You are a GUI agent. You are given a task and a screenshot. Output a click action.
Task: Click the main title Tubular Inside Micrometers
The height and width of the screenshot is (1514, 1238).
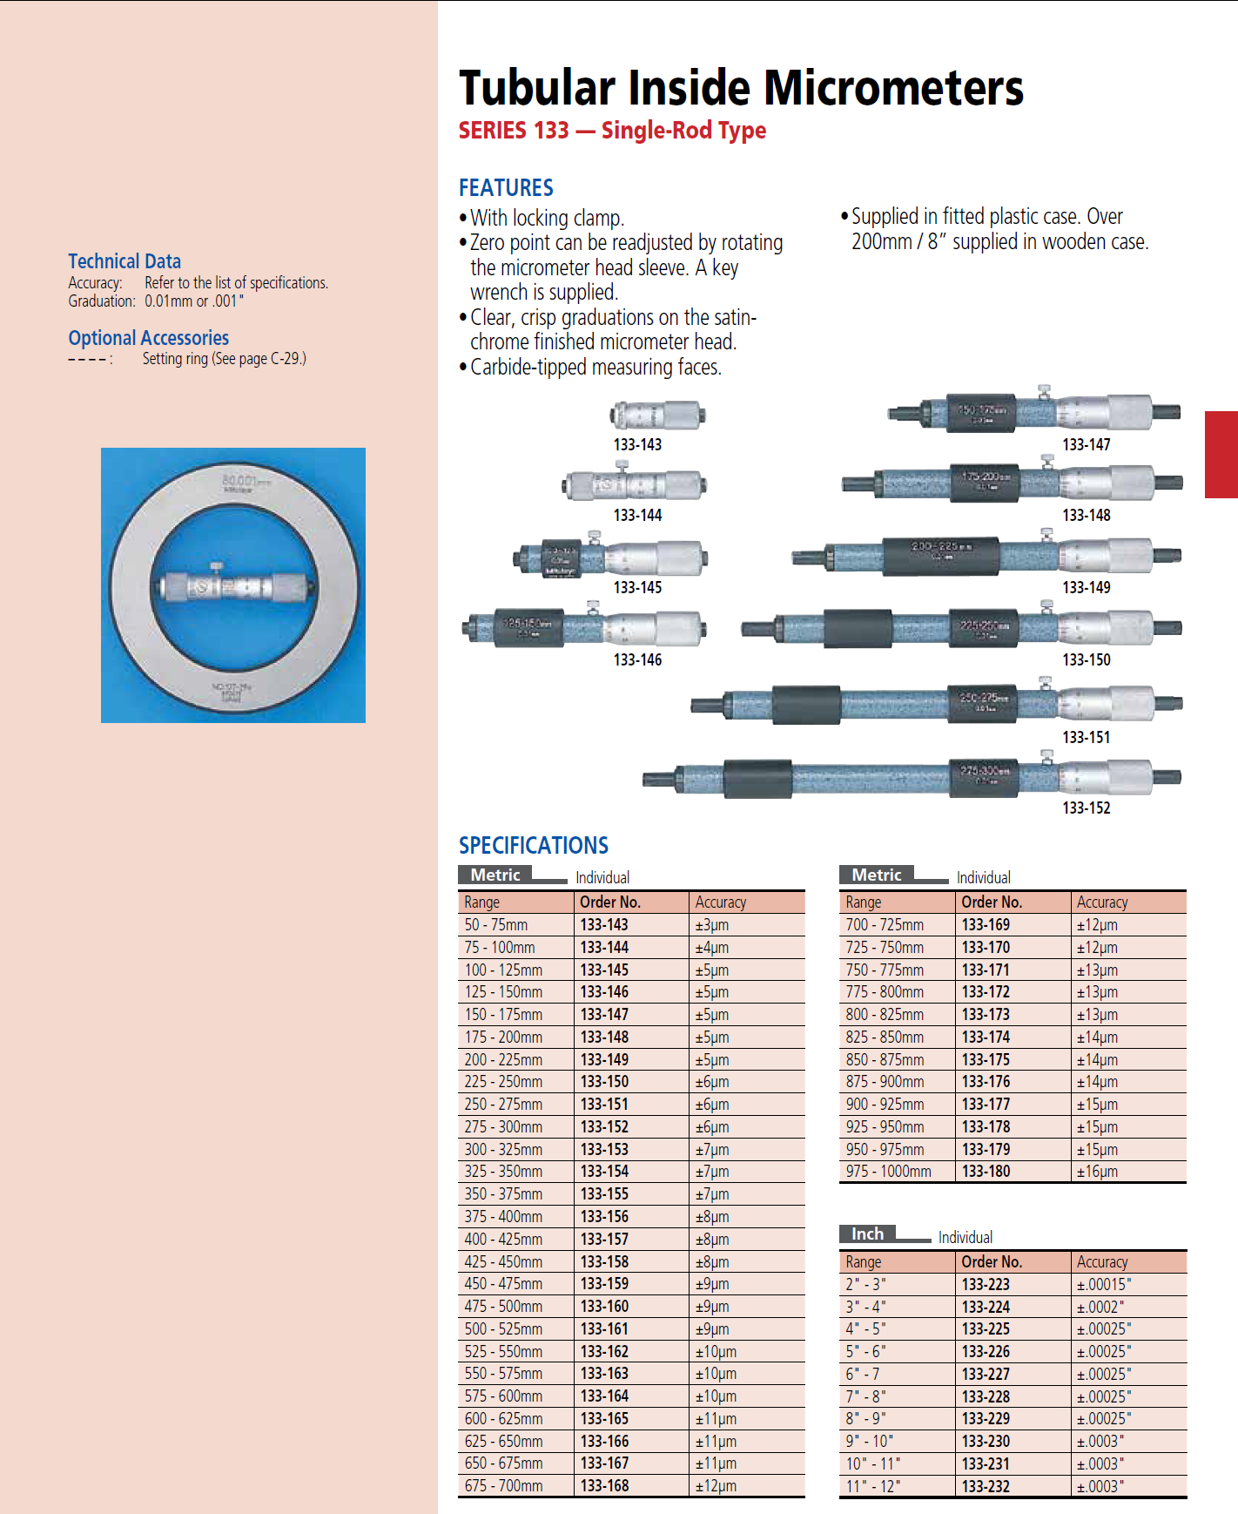click(x=741, y=88)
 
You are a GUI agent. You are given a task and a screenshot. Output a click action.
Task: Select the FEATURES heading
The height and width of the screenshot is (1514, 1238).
click(x=506, y=187)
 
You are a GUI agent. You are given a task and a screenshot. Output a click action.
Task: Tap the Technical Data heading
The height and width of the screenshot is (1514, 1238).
click(x=124, y=261)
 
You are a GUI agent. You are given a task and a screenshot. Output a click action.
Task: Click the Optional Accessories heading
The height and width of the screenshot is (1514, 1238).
click(x=148, y=338)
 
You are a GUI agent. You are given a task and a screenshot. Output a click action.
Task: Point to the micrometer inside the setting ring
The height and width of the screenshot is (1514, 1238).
click(x=233, y=585)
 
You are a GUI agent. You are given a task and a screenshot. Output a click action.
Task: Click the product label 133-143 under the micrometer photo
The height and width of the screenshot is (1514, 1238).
click(x=637, y=444)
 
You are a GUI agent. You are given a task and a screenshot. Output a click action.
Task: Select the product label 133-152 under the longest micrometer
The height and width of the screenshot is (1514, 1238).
click(x=1086, y=808)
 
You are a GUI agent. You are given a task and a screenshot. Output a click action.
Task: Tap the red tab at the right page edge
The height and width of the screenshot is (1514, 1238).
click(x=1221, y=454)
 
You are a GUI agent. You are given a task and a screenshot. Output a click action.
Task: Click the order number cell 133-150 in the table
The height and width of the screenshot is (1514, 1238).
click(x=604, y=1082)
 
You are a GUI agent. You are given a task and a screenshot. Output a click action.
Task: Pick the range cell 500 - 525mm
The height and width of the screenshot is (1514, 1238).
click(x=503, y=1329)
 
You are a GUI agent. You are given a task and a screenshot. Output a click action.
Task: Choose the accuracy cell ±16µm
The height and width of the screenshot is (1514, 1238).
click(x=1097, y=1172)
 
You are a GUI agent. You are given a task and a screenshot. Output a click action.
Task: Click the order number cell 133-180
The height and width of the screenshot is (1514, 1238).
click(x=986, y=1172)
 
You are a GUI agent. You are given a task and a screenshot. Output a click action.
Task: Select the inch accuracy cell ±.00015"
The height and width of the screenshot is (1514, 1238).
click(x=1104, y=1285)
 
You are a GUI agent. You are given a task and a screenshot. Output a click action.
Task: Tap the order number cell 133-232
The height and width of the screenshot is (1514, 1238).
click(x=986, y=1487)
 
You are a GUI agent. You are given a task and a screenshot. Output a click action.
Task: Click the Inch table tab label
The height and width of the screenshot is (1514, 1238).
click(x=867, y=1234)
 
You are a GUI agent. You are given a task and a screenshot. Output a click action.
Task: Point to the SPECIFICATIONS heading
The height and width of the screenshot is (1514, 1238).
click(x=534, y=845)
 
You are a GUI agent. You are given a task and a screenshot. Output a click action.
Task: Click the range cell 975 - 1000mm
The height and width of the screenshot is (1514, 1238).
click(x=888, y=1172)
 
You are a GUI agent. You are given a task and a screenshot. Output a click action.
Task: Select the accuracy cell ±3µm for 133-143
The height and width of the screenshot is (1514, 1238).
click(x=711, y=925)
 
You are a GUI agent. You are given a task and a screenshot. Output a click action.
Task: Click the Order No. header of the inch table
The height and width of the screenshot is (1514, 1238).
click(x=991, y=1262)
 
